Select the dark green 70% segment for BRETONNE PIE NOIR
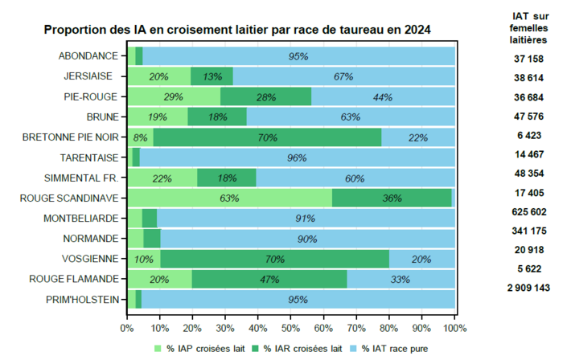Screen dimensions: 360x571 [x=267, y=137]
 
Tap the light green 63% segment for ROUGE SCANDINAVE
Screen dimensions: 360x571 [x=229, y=198]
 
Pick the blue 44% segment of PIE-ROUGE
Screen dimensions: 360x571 [x=383, y=96]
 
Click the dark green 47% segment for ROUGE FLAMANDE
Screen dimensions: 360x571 [x=269, y=279]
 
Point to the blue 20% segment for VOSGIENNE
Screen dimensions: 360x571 [x=421, y=259]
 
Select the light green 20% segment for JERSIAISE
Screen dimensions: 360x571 [x=158, y=76]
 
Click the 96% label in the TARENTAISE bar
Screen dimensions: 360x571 [x=297, y=157]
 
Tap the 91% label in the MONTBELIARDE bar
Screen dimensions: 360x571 [x=305, y=218]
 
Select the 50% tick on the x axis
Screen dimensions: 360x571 [x=290, y=328]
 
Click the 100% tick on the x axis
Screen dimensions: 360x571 [x=454, y=328]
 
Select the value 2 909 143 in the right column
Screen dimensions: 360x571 [x=530, y=287]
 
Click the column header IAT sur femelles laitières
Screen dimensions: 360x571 [x=530, y=27]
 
